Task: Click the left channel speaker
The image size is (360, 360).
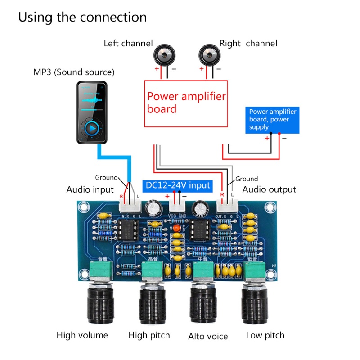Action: click(164, 56)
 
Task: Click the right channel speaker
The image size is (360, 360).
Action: click(208, 56)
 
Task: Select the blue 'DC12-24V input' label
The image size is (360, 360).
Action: click(177, 185)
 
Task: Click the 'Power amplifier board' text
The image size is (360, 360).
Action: click(186, 103)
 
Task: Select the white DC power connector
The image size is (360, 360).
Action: click(177, 207)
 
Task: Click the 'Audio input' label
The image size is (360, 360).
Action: click(90, 189)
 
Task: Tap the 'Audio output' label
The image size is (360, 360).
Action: click(269, 189)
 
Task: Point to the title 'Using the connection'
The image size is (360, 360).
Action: click(82, 18)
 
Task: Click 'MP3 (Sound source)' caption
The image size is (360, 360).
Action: click(74, 72)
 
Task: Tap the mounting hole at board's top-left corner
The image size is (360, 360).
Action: click(82, 208)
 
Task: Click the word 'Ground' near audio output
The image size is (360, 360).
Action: click(247, 179)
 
